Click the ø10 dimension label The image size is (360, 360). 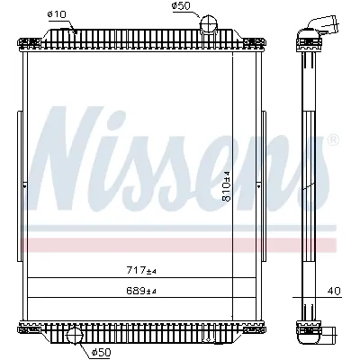55,13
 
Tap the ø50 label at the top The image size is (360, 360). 183,7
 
